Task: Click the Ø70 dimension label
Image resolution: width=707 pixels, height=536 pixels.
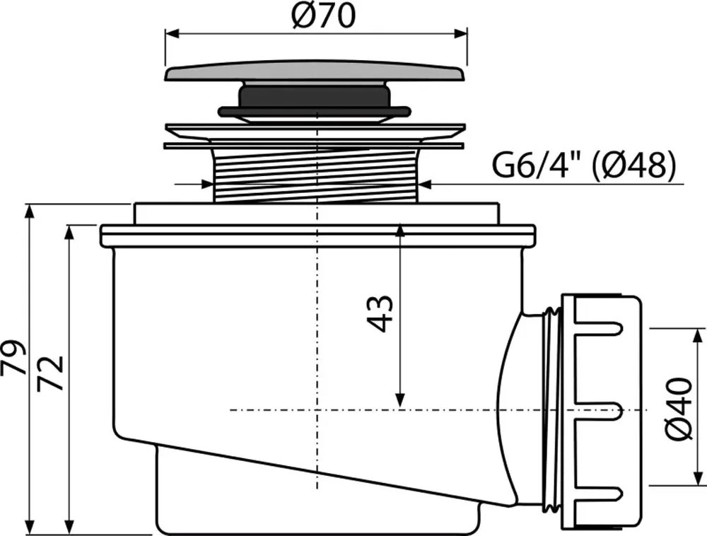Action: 323,16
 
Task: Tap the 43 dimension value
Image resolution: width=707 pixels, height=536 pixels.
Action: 380,314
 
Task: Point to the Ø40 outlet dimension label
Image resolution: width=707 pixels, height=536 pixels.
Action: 679,409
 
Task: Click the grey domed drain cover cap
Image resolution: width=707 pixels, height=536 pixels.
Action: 315,71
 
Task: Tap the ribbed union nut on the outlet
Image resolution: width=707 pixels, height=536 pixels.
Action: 600,411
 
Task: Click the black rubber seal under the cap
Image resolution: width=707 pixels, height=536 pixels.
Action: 315,110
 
